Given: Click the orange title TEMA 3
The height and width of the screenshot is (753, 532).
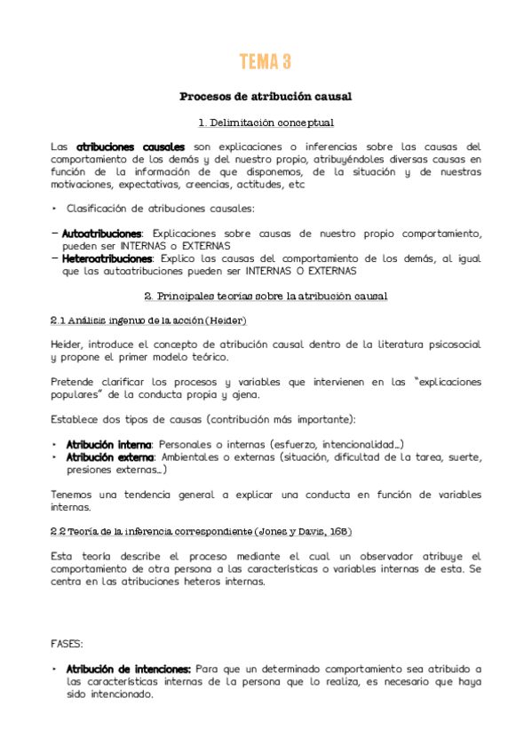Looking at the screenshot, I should click(x=266, y=62).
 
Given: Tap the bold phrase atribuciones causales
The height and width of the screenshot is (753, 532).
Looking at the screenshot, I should click(x=131, y=147).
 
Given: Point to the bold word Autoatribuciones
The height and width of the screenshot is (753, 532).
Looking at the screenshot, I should click(x=101, y=234).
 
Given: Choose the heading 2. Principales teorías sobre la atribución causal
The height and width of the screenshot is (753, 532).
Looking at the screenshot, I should click(x=266, y=295).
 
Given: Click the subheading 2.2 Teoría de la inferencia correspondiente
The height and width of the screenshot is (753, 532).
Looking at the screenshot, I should click(x=201, y=532).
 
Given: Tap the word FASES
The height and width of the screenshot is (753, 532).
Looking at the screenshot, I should click(x=69, y=642).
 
